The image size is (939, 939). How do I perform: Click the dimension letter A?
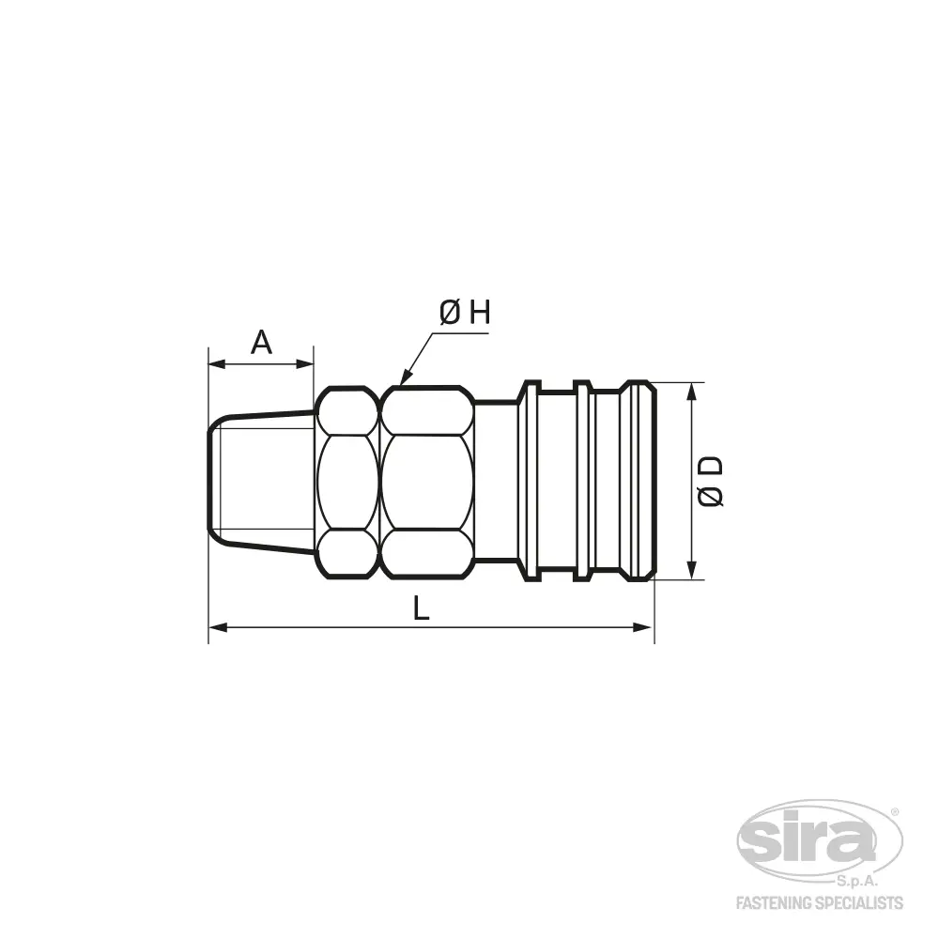(x=261, y=342)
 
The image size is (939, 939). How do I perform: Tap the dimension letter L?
(x=422, y=608)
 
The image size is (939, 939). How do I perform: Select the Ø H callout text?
(x=465, y=313)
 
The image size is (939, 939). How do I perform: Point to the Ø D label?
(x=711, y=482)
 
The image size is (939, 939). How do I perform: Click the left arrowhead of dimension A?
(x=217, y=363)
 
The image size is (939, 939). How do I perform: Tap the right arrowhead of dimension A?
(x=305, y=363)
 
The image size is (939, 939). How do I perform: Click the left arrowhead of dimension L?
(x=218, y=627)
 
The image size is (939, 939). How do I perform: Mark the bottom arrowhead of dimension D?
(x=692, y=570)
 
